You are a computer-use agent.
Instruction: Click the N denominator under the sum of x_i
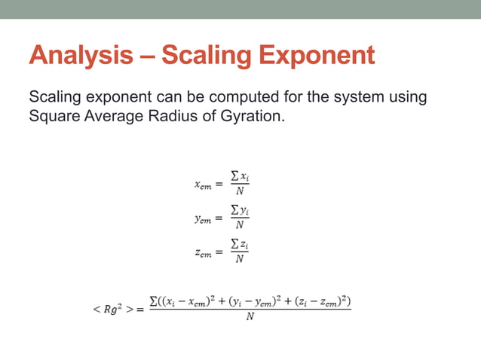coord(240,191)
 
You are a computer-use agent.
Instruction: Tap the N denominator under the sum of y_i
coord(240,225)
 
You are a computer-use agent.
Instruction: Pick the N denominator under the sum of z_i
coord(240,260)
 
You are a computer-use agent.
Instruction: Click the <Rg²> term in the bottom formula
coord(113,310)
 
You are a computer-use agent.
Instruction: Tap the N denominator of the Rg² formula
coord(250,317)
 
